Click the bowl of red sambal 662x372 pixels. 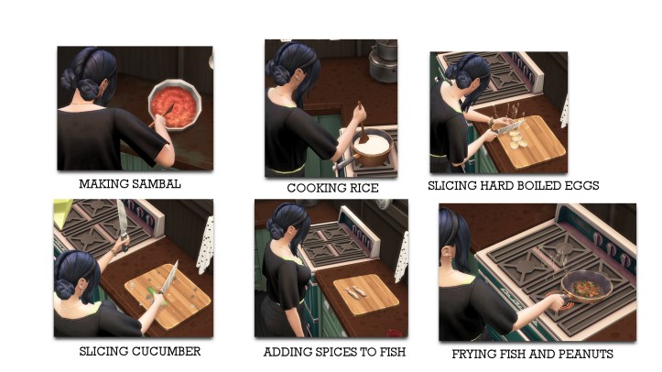tap(174, 104)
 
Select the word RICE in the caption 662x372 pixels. tap(363, 189)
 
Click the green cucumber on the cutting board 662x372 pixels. tap(157, 294)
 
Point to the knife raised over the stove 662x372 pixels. tap(122, 224)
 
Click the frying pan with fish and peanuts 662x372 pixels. tap(586, 287)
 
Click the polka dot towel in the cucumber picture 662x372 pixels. tap(205, 245)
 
